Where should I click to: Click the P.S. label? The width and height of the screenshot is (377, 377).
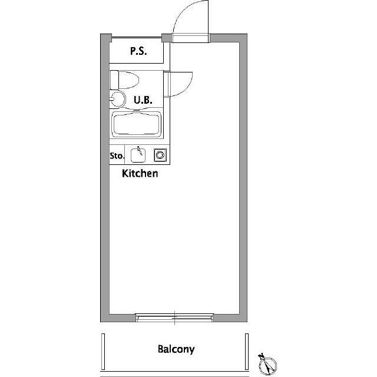click(x=138, y=51)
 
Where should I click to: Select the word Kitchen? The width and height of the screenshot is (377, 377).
click(x=140, y=174)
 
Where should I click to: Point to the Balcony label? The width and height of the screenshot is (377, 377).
click(x=176, y=349)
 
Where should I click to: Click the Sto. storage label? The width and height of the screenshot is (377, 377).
click(x=117, y=156)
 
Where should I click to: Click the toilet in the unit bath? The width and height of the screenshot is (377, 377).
click(x=124, y=79)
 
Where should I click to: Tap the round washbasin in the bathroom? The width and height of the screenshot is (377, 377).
click(x=118, y=98)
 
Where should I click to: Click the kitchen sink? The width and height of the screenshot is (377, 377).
click(x=138, y=155)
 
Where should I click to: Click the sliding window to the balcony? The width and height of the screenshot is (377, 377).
click(x=174, y=318)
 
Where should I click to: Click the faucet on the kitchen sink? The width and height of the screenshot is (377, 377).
click(x=140, y=151)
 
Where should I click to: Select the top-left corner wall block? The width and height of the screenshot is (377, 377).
click(x=104, y=39)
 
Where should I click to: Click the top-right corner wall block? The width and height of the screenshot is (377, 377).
click(x=244, y=39)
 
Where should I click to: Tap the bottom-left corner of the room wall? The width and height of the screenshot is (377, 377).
click(x=104, y=318)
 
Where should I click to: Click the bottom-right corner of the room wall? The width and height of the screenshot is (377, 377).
click(x=244, y=318)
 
